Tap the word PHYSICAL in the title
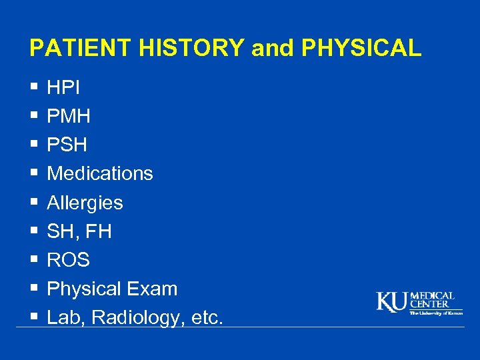click(361, 49)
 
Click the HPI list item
click(63, 87)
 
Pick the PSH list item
click(67, 145)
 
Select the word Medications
click(100, 174)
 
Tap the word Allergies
click(85, 203)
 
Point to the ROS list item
click(68, 260)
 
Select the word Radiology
click(135, 319)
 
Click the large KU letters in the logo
click(393, 302)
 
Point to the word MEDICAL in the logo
click(432, 296)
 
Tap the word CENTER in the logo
click(429, 305)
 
